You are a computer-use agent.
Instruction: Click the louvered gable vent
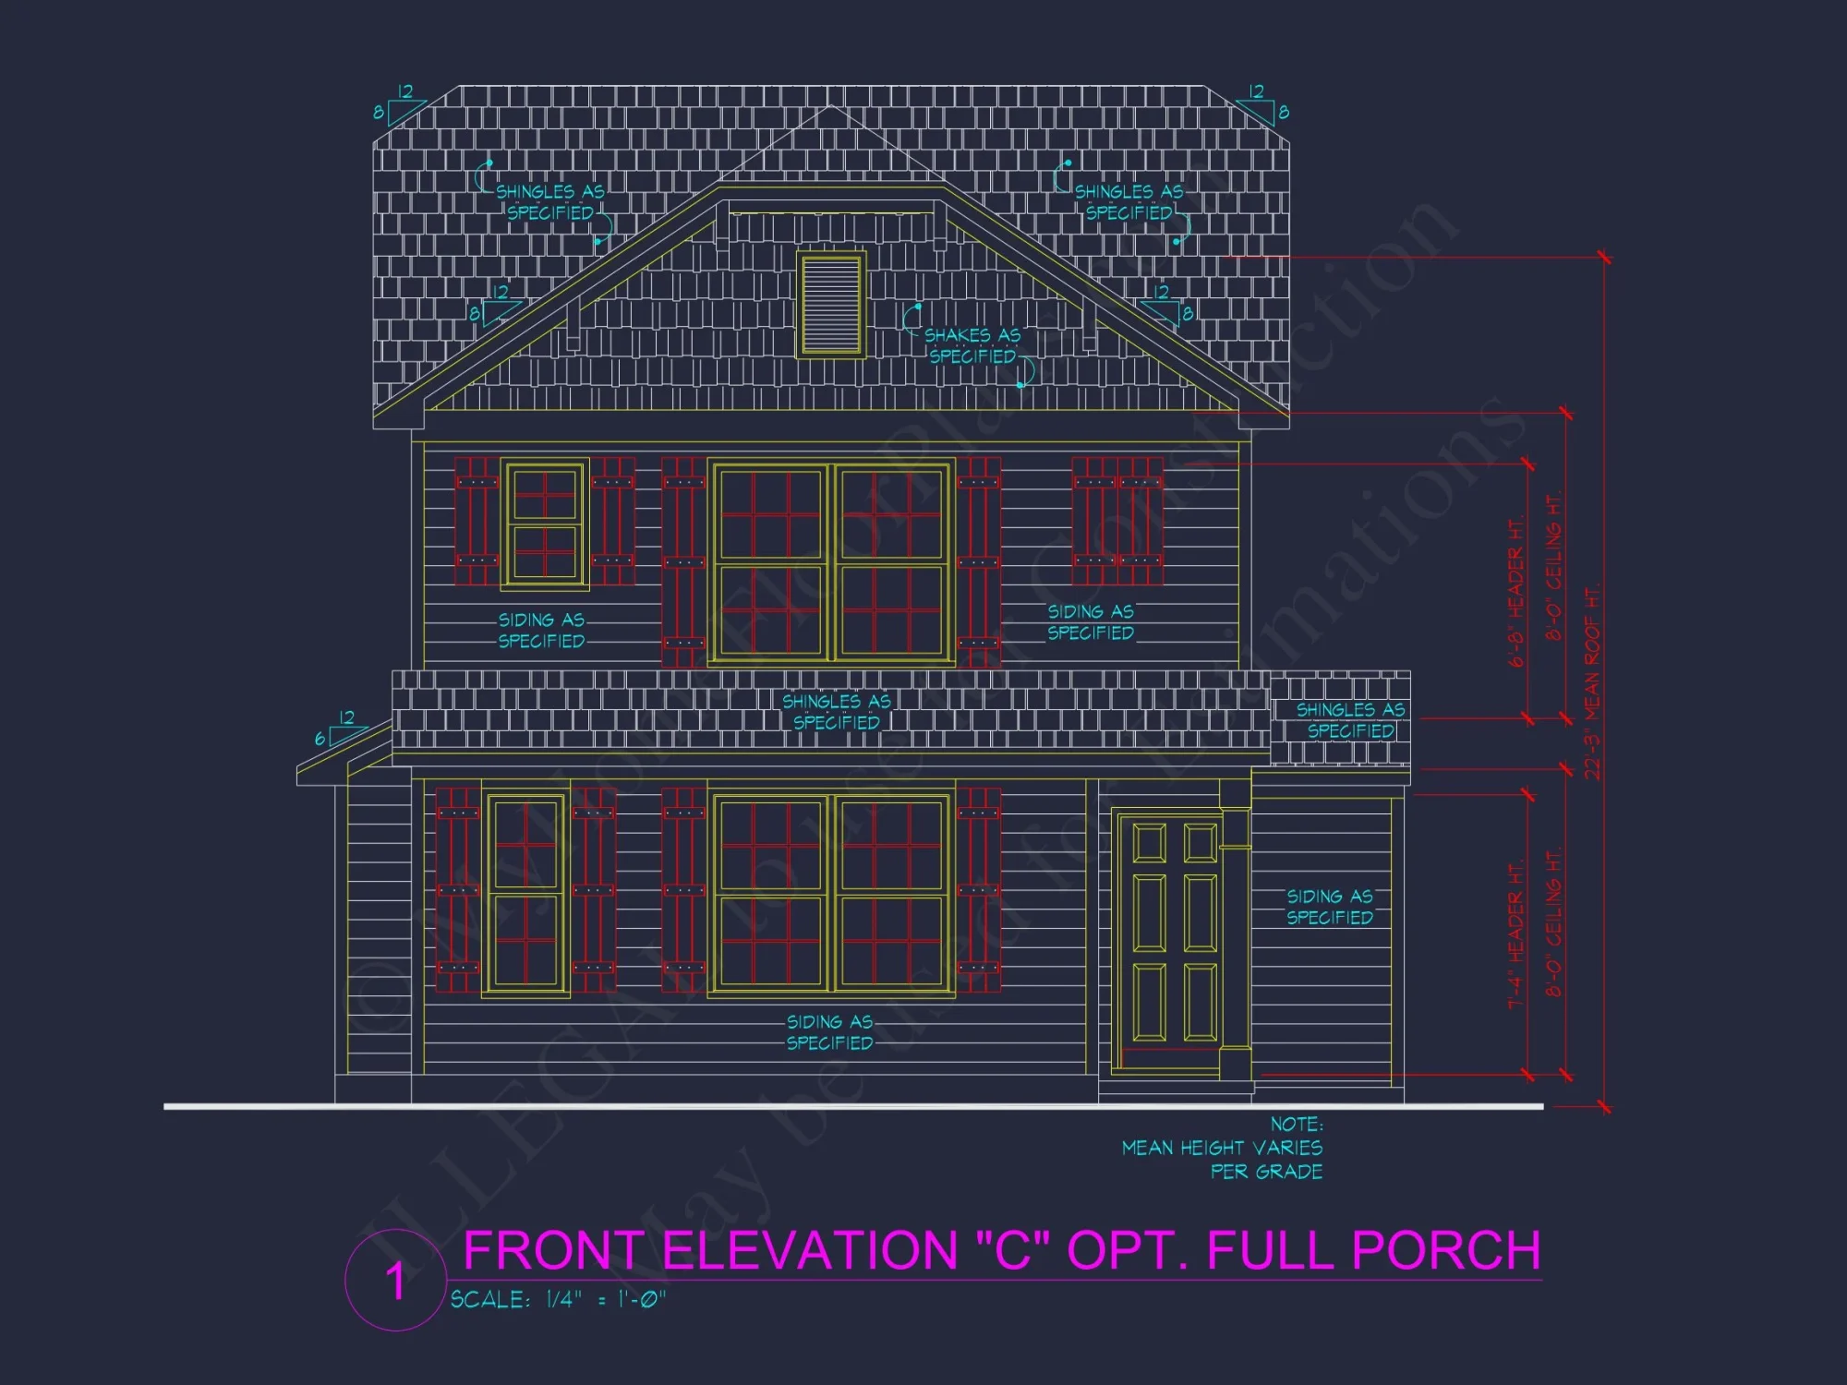[x=832, y=306]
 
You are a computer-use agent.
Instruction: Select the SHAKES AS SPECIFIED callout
[x=972, y=345]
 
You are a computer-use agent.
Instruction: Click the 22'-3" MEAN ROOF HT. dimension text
[x=1593, y=683]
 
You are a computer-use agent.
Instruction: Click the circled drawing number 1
[x=395, y=1282]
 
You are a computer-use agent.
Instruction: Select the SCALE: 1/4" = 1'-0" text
[x=558, y=1300]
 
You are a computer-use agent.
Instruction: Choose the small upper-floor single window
[x=545, y=524]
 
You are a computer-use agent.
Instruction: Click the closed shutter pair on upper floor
[x=1117, y=521]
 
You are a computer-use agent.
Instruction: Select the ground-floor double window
[x=831, y=894]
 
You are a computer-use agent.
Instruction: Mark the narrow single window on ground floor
[x=525, y=894]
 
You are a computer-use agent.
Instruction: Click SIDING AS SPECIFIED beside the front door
[x=1330, y=907]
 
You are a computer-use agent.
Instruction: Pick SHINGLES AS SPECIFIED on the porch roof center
[x=836, y=712]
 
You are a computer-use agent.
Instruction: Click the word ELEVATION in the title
[x=811, y=1251]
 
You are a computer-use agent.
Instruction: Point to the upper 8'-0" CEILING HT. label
[x=1555, y=569]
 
